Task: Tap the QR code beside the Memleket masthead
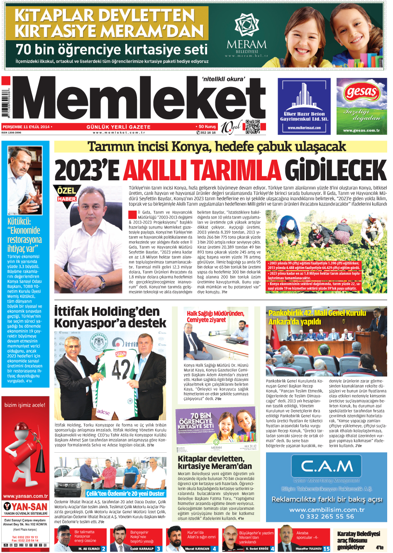(x=252, y=127)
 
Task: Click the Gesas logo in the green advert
(x=361, y=92)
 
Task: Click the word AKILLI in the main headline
(x=202, y=170)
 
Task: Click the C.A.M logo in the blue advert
(x=327, y=466)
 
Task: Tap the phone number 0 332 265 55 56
(x=327, y=517)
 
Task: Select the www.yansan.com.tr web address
(x=25, y=496)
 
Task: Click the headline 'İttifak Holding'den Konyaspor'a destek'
(x=110, y=317)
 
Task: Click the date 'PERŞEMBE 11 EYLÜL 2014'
(x=26, y=127)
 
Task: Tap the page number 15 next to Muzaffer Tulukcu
(x=327, y=548)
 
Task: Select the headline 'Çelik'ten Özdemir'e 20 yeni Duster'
(x=125, y=493)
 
